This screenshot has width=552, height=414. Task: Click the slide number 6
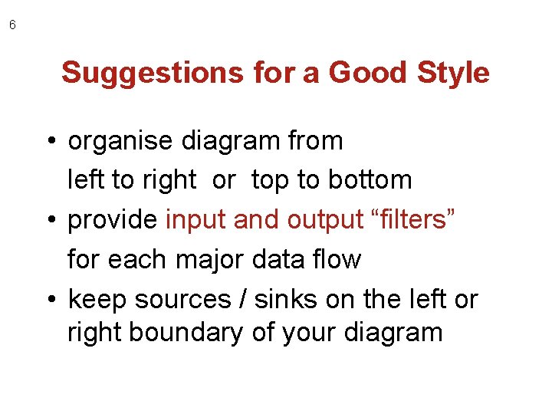12,25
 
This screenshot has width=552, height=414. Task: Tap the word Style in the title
453,73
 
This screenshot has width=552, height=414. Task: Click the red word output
325,221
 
